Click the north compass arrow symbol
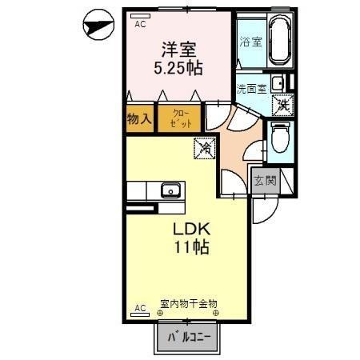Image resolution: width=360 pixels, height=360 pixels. tap(100, 27)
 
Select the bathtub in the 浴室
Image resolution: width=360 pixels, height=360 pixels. tap(278, 40)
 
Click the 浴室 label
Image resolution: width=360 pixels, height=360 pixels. tap(251, 42)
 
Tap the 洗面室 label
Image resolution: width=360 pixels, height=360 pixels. tap(251, 88)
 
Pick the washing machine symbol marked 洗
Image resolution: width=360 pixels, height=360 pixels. tap(282, 103)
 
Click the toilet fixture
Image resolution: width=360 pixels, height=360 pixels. tap(280, 138)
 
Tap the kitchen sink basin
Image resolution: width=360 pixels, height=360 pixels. tap(170, 190)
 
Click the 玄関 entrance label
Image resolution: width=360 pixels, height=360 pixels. tap(265, 181)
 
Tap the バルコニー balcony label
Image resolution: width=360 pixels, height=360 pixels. tap(189, 337)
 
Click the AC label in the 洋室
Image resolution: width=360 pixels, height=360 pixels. tap(140, 24)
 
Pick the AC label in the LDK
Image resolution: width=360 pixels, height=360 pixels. tap(139, 307)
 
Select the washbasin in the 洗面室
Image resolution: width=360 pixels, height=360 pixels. tap(277, 82)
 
